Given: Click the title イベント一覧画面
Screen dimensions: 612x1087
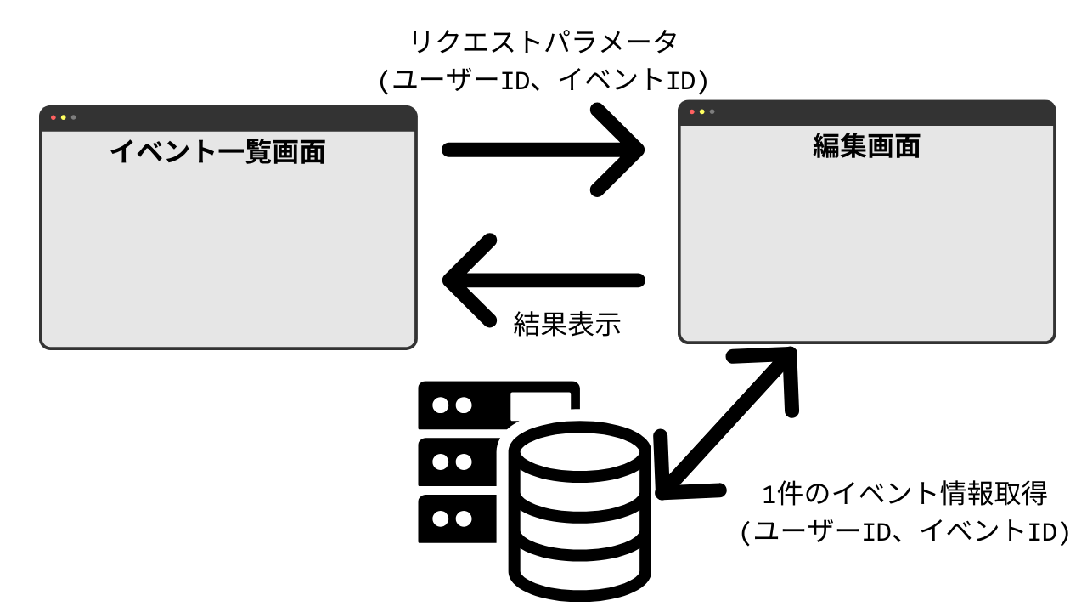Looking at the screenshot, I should [x=217, y=152].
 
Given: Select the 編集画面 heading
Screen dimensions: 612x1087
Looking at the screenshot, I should [x=866, y=147].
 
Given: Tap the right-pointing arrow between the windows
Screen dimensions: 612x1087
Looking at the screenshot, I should [x=543, y=150].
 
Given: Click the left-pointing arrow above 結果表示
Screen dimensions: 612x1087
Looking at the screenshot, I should [x=543, y=280].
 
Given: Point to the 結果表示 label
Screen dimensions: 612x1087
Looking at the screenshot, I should [x=566, y=324].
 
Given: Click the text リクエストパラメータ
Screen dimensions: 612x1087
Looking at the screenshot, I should [x=543, y=42].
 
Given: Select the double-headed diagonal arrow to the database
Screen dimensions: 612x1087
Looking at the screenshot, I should [x=730, y=423].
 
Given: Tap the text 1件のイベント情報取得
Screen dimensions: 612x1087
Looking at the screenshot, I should [x=905, y=493].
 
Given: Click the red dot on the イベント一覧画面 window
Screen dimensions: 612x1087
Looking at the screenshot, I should [x=54, y=117].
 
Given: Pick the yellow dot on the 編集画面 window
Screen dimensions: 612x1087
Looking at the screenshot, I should [x=701, y=112].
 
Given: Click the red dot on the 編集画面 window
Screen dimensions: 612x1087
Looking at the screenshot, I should [x=692, y=112].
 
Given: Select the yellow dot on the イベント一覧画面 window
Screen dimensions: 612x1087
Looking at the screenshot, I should [x=64, y=117].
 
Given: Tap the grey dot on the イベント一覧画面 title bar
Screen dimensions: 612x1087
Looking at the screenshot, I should [x=74, y=117].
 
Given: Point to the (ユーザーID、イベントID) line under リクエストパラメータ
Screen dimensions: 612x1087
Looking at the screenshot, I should [x=543, y=80].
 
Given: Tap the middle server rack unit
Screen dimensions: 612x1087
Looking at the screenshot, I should [x=459, y=462].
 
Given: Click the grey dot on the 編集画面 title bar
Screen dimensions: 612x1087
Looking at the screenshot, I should [x=712, y=112].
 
